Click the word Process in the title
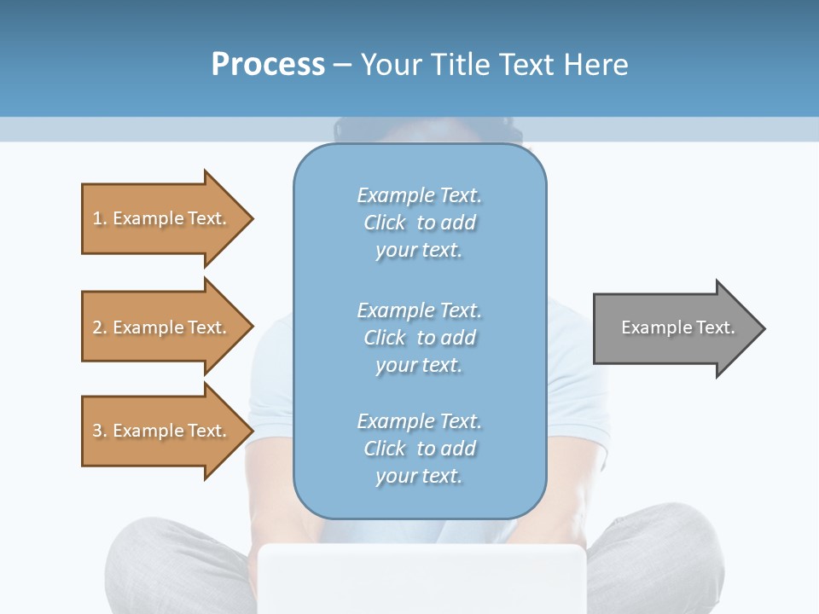tap(268, 65)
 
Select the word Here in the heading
tap(593, 65)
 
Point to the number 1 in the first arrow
tap(97, 218)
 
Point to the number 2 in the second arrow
tap(97, 327)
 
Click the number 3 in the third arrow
tap(97, 431)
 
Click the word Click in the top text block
tap(385, 223)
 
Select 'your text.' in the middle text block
tap(419, 365)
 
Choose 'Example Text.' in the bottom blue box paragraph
tap(419, 421)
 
